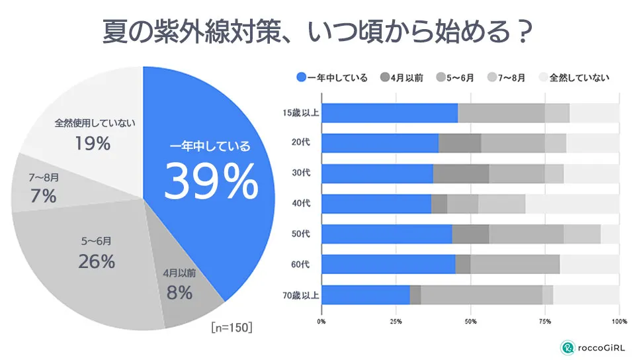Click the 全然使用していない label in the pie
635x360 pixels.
(x=95, y=123)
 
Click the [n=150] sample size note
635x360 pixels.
(x=232, y=327)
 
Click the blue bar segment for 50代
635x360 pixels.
(x=386, y=234)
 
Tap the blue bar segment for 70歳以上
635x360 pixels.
(x=365, y=294)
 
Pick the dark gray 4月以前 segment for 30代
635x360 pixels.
(x=461, y=173)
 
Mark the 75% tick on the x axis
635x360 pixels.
(x=545, y=322)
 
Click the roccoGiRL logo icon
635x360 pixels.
(x=567, y=347)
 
